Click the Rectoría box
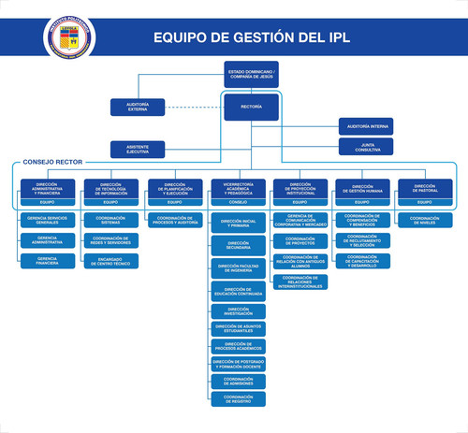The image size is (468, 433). pos(251,107)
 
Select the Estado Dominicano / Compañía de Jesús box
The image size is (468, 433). pos(251,73)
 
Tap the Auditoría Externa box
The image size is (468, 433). pos(139,107)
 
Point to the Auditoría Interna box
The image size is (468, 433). pos(366,125)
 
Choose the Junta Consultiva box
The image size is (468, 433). pos(366,146)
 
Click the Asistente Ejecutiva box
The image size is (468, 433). pos(139,148)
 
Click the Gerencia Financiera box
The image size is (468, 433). pos(48,260)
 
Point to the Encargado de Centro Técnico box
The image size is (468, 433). pos(111,260)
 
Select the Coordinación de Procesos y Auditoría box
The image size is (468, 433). pos(175,220)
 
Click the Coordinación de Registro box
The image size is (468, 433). pos(238,398)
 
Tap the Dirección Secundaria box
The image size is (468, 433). pos(238,245)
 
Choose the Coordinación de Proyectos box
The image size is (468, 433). pos(300,240)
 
